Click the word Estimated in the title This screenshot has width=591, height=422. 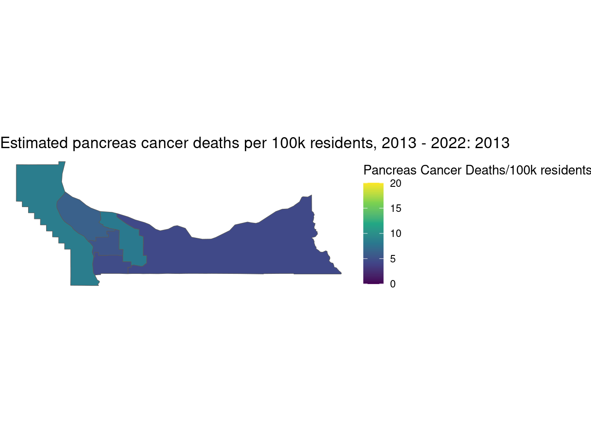(x=34, y=143)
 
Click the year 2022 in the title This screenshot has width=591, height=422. (x=448, y=143)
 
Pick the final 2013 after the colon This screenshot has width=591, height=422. (x=492, y=143)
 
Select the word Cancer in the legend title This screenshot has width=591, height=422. (x=440, y=170)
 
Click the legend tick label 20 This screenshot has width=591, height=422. (x=395, y=184)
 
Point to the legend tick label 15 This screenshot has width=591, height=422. (x=395, y=209)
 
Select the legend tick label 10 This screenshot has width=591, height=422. (x=395, y=234)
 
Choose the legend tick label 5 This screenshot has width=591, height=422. (x=393, y=259)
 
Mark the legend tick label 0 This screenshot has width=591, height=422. (x=393, y=284)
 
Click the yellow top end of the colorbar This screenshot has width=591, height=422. (x=373, y=185)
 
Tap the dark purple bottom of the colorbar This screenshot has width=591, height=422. (x=373, y=281)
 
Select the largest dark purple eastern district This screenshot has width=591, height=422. (x=246, y=251)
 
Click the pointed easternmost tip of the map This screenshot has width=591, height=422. (x=341, y=273)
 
